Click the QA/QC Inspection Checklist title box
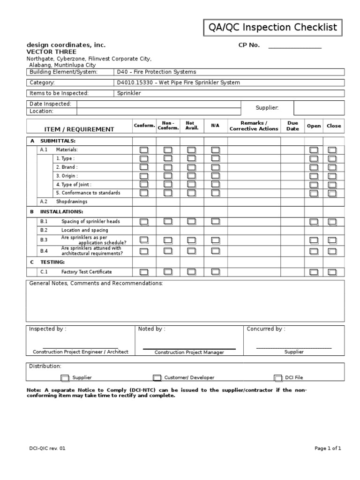(272, 28)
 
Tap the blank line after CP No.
(294, 46)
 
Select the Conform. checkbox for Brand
(144, 167)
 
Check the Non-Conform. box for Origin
(168, 176)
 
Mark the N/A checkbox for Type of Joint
(215, 184)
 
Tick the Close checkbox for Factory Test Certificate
(332, 272)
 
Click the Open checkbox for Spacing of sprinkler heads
(314, 222)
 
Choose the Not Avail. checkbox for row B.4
(191, 251)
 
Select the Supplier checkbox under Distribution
(65, 378)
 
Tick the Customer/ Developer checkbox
(157, 378)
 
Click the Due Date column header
(292, 126)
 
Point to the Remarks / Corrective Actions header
(254, 126)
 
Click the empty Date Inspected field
(159, 104)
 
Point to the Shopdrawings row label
(72, 202)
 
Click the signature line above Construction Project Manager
(189, 349)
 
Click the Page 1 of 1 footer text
(327, 449)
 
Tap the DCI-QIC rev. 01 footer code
(47, 449)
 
